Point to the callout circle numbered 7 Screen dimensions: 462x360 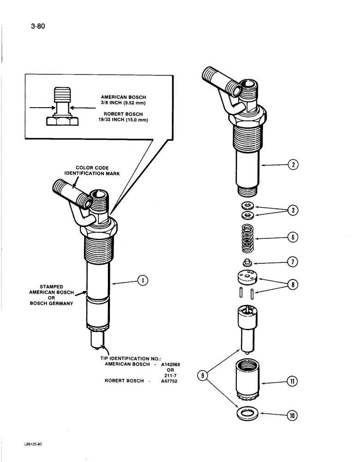tap(292, 261)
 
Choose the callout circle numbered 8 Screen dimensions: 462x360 tap(292, 286)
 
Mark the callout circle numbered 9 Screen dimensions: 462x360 tap(202, 377)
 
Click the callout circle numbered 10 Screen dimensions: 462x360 tap(292, 415)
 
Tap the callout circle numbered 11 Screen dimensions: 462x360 tap(292, 382)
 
